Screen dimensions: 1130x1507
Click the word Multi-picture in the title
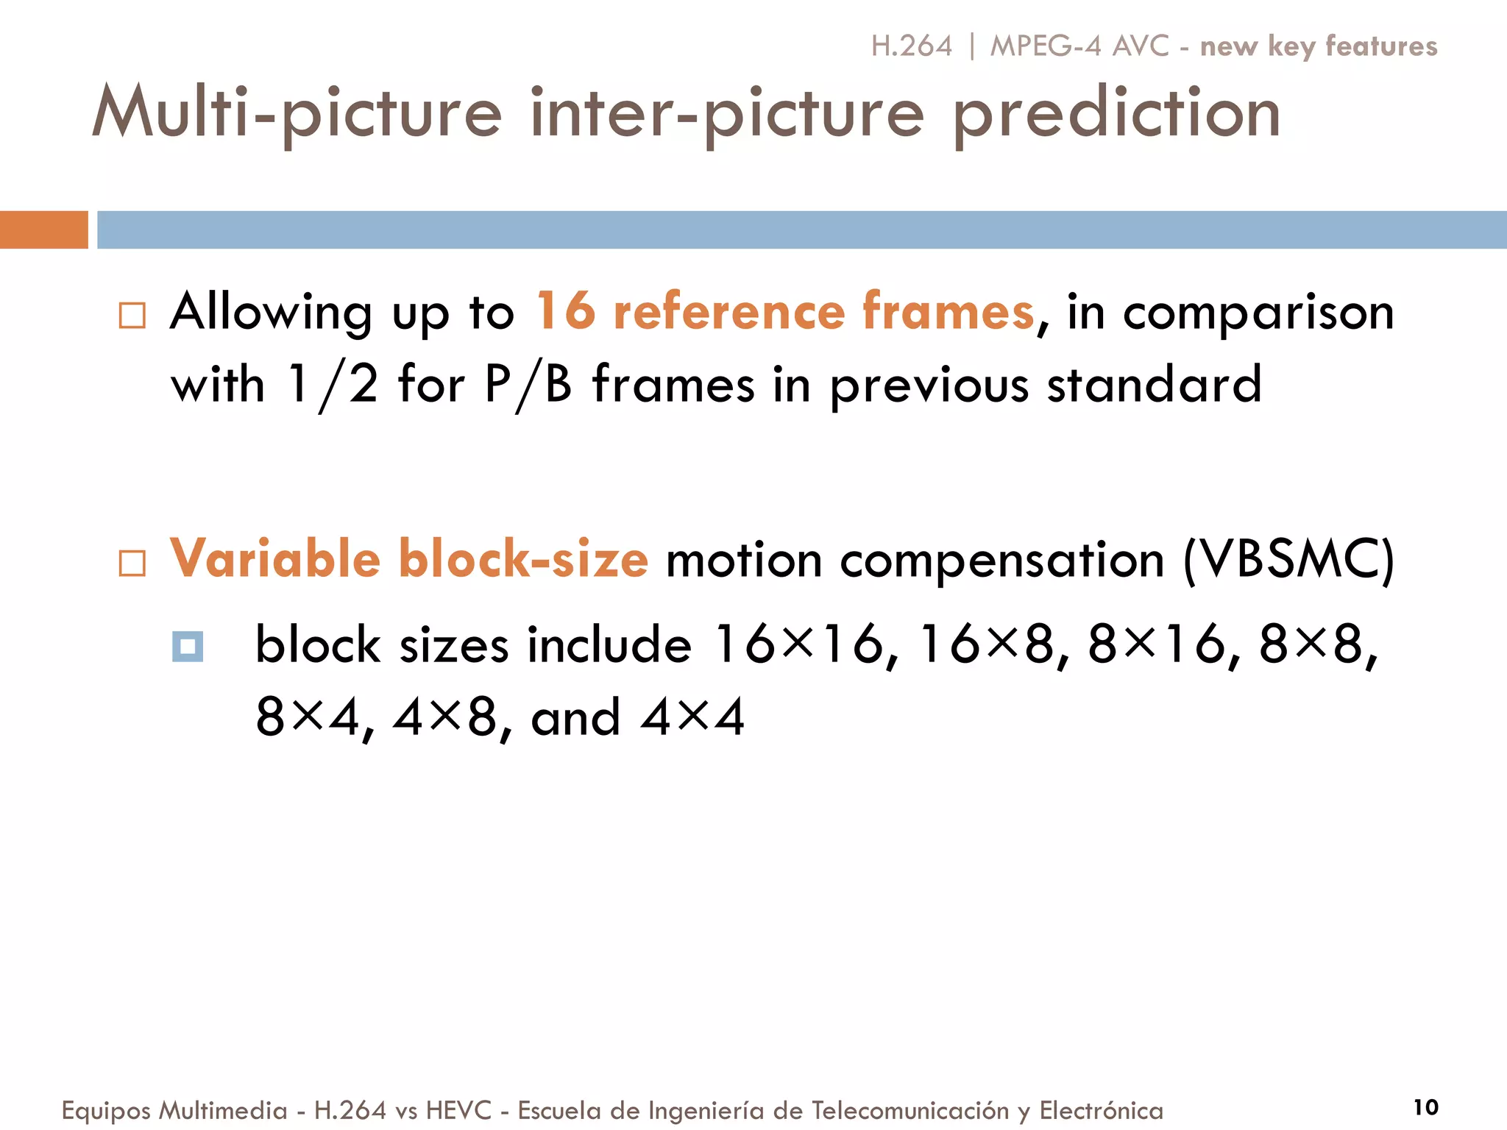click(297, 114)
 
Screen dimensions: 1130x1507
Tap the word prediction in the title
click(1116, 114)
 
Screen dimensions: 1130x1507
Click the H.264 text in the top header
click(911, 46)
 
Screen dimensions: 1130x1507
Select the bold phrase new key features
click(1318, 46)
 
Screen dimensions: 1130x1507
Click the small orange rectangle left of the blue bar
click(43, 230)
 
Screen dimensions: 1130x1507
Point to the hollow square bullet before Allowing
click(132, 316)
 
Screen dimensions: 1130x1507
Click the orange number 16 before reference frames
click(565, 311)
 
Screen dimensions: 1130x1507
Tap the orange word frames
click(948, 311)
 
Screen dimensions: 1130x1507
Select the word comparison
click(1258, 313)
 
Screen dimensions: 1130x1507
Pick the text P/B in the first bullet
click(528, 385)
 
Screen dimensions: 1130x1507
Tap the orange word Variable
click(275, 558)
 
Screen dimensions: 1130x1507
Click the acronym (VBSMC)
click(1288, 560)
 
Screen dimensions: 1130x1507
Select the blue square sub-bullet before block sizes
click(188, 647)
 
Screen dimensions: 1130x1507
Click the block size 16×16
click(799, 644)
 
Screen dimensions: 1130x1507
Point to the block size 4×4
click(692, 717)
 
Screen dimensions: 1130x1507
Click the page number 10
click(1425, 1106)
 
